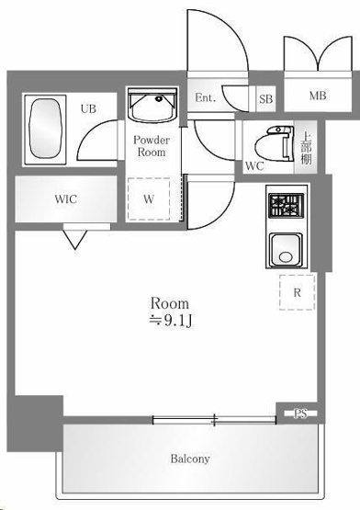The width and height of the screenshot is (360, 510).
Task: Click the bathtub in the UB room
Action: tap(46, 130)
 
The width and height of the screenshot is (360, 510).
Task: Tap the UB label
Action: tap(88, 108)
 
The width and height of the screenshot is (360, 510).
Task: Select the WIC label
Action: tap(66, 198)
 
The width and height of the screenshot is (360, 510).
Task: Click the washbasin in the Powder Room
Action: tap(152, 105)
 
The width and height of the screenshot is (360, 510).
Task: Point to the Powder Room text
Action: tap(152, 146)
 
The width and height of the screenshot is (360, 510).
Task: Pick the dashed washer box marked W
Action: tap(149, 199)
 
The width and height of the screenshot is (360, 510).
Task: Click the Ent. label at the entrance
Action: tap(205, 97)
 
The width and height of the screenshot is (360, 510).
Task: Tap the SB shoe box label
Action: tap(266, 99)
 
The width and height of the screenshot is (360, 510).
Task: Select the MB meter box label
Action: tap(318, 96)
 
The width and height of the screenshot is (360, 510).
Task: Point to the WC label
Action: tap(254, 166)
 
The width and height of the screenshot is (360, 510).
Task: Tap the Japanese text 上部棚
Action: tap(306, 148)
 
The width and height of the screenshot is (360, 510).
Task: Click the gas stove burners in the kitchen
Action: tap(287, 205)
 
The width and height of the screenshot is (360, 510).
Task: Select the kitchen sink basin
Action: tap(287, 249)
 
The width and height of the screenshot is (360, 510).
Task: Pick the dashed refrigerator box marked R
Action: tap(297, 292)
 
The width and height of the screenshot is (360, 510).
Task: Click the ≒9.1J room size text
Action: tap(171, 321)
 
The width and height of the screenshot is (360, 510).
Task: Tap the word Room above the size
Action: tap(169, 303)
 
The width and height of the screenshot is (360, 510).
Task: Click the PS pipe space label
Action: tap(300, 414)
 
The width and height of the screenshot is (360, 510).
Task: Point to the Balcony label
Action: tap(190, 459)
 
